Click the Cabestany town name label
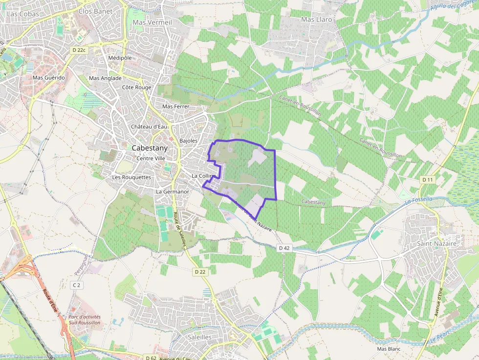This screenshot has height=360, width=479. (150, 148)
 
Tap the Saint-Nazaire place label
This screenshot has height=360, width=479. (436, 243)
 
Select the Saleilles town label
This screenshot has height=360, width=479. (199, 337)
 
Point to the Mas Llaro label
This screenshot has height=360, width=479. (317, 20)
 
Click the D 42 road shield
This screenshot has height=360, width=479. (284, 248)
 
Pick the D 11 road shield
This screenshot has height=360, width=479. (427, 180)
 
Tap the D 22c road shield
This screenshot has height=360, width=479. (78, 50)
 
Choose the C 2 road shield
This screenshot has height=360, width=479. (76, 285)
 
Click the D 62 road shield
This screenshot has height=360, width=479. (151, 358)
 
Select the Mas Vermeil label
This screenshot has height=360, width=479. (152, 22)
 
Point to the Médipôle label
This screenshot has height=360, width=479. (120, 58)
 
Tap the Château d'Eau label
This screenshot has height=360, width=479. (150, 127)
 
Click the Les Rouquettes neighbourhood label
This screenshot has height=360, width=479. (131, 177)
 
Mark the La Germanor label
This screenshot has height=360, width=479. (172, 192)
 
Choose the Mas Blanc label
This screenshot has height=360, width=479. (389, 349)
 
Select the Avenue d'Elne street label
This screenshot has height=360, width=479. (438, 302)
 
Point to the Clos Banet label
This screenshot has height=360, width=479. (95, 11)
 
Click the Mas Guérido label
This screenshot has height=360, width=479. (48, 78)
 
